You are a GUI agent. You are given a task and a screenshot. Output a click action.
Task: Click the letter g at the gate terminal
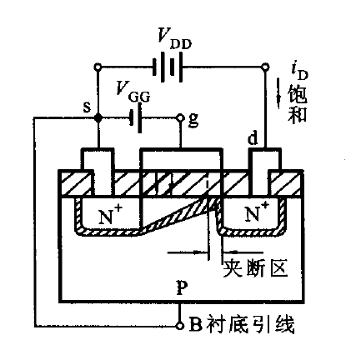(193, 118)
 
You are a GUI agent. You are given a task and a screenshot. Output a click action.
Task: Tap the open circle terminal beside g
(180, 117)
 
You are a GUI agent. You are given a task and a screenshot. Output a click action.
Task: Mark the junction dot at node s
(98, 117)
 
